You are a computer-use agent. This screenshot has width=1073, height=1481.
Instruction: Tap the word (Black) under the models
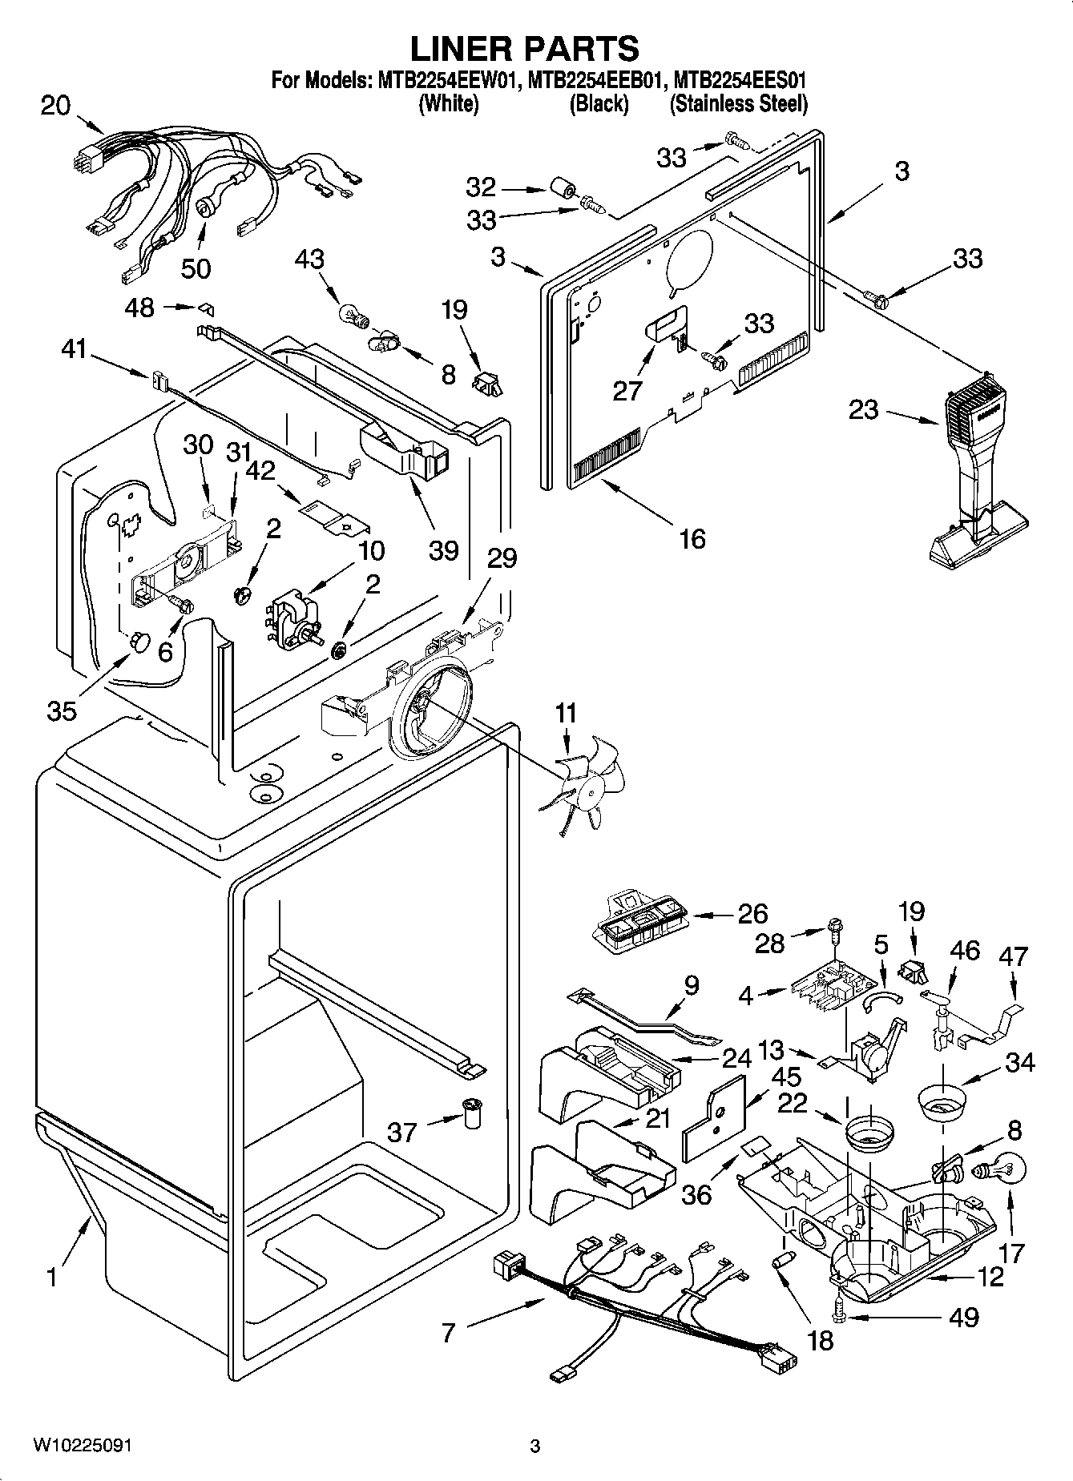[598, 104]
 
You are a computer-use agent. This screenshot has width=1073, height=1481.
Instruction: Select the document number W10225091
[83, 1446]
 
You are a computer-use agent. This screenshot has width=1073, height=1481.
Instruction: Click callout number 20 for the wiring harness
[55, 106]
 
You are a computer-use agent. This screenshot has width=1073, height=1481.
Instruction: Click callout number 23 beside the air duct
[864, 410]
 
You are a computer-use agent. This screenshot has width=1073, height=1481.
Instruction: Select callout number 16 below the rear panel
[692, 539]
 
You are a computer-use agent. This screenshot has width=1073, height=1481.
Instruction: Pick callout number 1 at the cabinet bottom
[51, 1277]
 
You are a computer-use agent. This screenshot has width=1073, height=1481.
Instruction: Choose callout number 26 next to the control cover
[752, 913]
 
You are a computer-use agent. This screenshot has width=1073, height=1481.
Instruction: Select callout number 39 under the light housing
[443, 550]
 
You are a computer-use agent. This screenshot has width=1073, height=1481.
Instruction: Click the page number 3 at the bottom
[535, 1447]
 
